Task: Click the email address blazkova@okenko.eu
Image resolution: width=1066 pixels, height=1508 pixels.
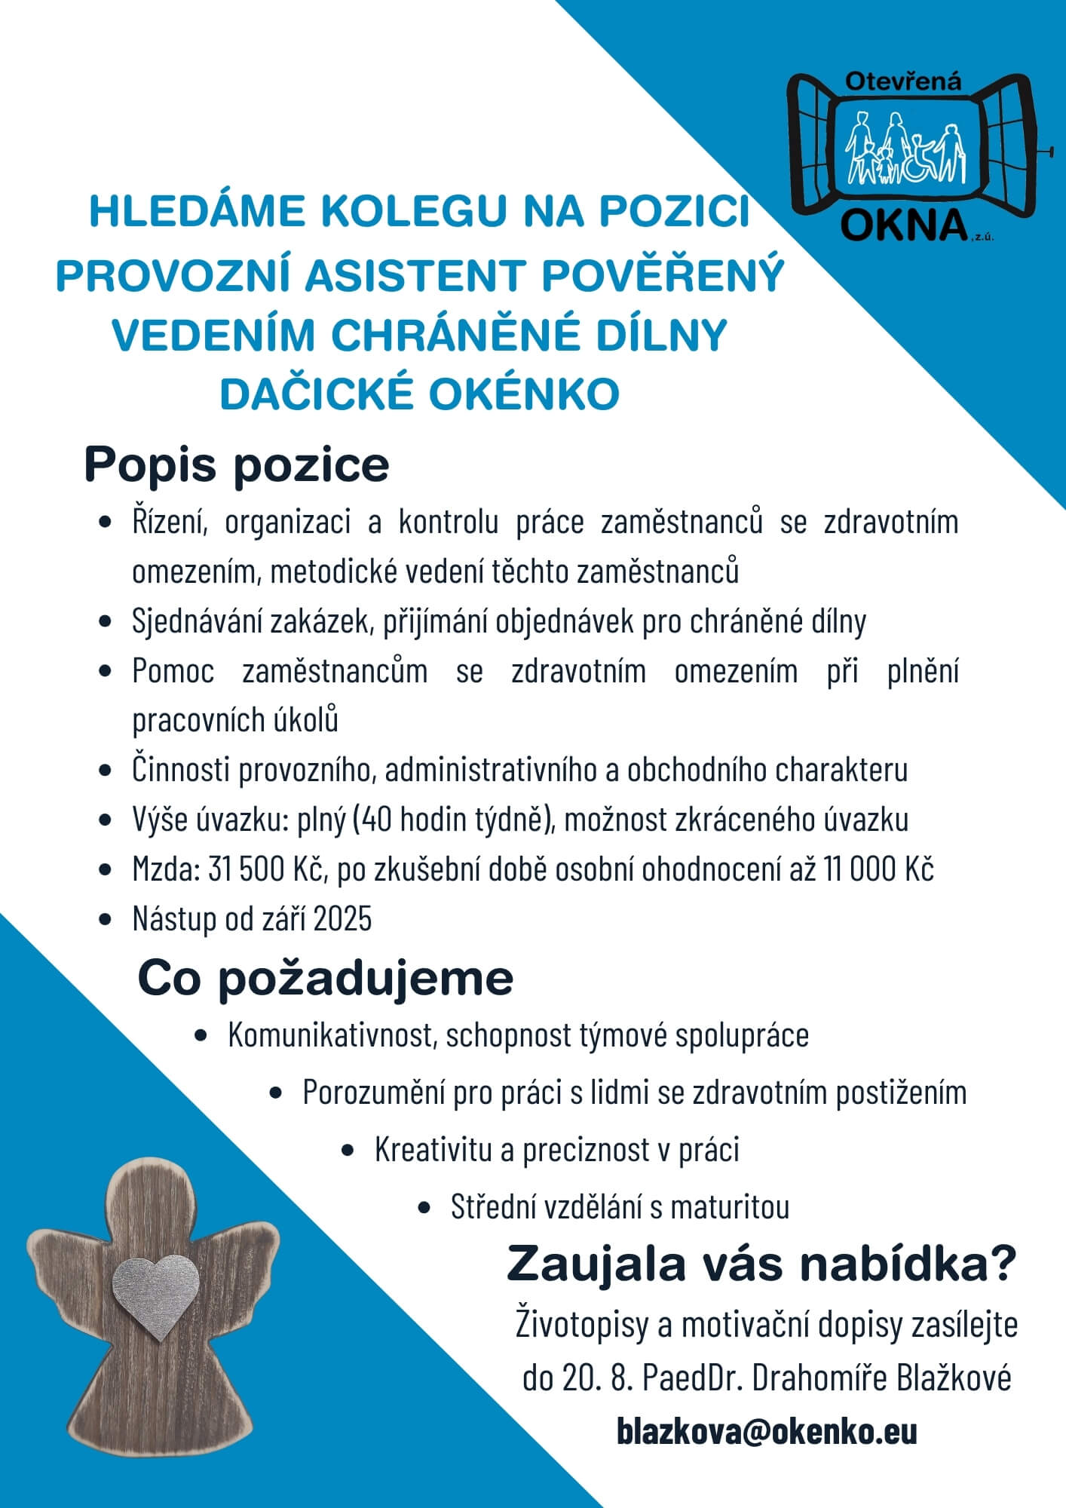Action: pyautogui.click(x=767, y=1431)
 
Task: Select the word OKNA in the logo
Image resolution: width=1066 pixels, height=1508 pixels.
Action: pyautogui.click(x=904, y=225)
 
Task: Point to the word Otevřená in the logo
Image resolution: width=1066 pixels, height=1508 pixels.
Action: pyautogui.click(x=903, y=81)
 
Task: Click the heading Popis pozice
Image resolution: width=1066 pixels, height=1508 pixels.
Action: pyautogui.click(x=236, y=465)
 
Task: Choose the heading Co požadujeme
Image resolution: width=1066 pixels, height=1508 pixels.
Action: pyautogui.click(x=325, y=979)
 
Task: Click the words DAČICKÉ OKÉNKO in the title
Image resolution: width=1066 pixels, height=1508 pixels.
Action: pyautogui.click(x=419, y=394)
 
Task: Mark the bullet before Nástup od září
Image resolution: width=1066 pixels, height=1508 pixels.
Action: pyautogui.click(x=106, y=920)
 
